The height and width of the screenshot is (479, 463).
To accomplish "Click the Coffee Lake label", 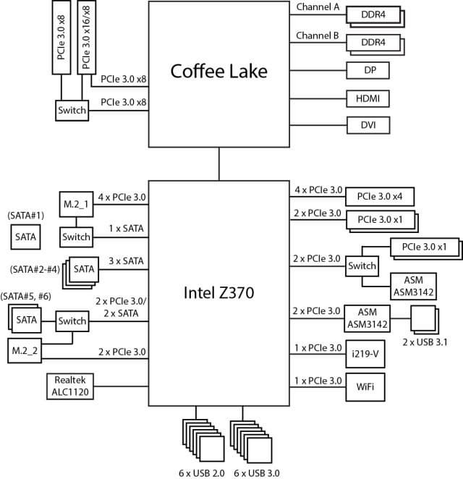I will tap(218, 71).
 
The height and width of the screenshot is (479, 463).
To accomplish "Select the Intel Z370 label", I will tap(218, 293).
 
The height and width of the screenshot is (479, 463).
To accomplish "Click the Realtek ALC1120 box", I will tap(69, 386).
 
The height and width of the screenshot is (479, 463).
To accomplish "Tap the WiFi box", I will tap(365, 386).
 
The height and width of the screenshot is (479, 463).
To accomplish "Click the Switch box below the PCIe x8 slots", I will tap(72, 111).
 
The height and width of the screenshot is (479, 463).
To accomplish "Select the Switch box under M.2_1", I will tap(76, 237).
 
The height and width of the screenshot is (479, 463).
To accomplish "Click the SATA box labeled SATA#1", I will tap(27, 237).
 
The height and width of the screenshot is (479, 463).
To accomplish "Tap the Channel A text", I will tap(318, 7).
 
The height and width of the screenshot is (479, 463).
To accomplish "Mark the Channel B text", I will tap(318, 34).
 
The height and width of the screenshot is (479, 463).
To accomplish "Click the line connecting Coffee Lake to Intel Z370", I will tap(218, 164).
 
